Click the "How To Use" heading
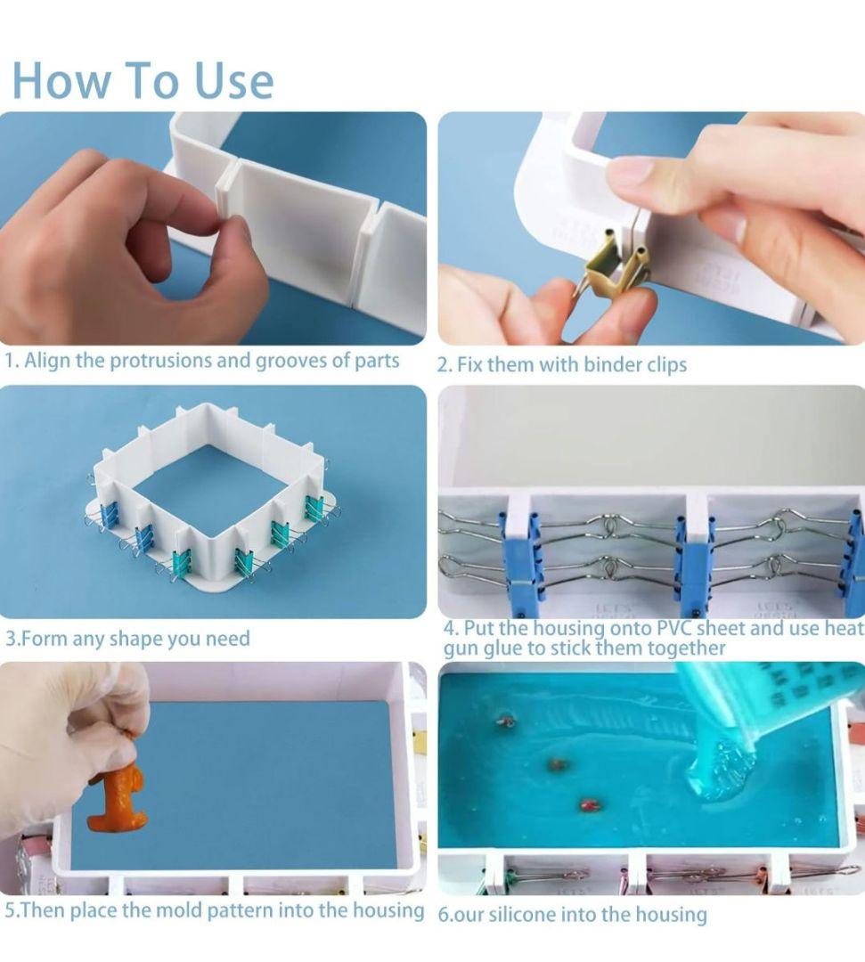pyautogui.click(x=143, y=80)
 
